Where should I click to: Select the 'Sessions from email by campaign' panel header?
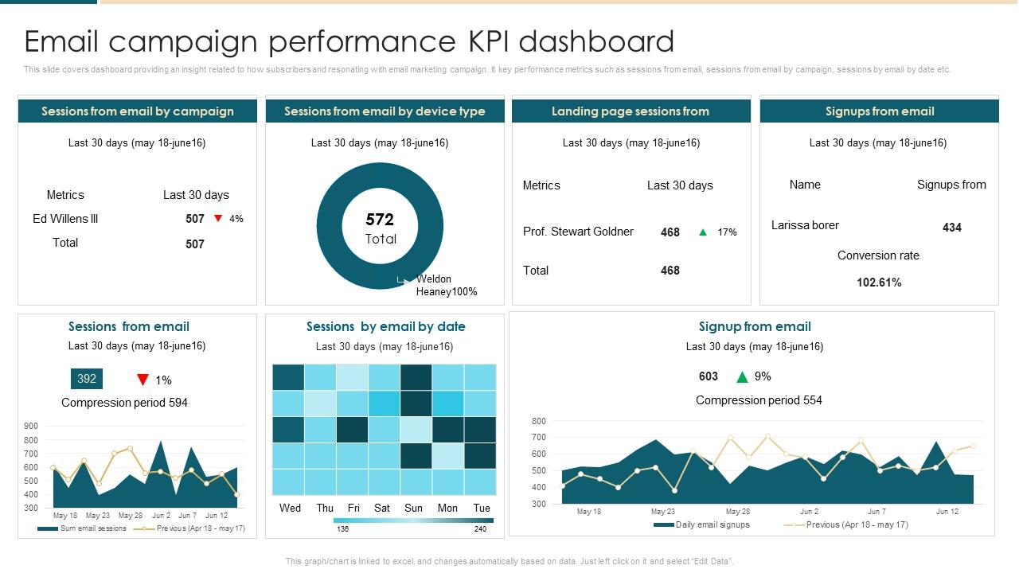[138, 111]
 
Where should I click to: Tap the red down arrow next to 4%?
[218, 218]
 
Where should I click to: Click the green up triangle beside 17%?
[703, 232]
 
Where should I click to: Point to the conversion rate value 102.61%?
[879, 283]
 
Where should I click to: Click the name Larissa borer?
[805, 225]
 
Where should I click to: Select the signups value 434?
[951, 228]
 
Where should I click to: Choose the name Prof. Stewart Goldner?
[578, 232]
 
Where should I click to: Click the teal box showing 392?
[87, 379]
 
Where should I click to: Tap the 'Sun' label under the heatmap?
[413, 508]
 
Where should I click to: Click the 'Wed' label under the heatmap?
[291, 508]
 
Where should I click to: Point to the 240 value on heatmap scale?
[480, 529]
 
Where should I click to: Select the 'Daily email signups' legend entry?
[712, 524]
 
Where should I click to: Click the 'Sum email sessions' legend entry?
[92, 528]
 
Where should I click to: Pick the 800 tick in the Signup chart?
[539, 421]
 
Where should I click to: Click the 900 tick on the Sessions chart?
[31, 427]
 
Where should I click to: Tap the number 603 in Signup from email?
[709, 376]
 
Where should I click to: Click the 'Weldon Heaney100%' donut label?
[446, 285]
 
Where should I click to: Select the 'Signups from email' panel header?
[880, 111]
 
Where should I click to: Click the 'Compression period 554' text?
[759, 400]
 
